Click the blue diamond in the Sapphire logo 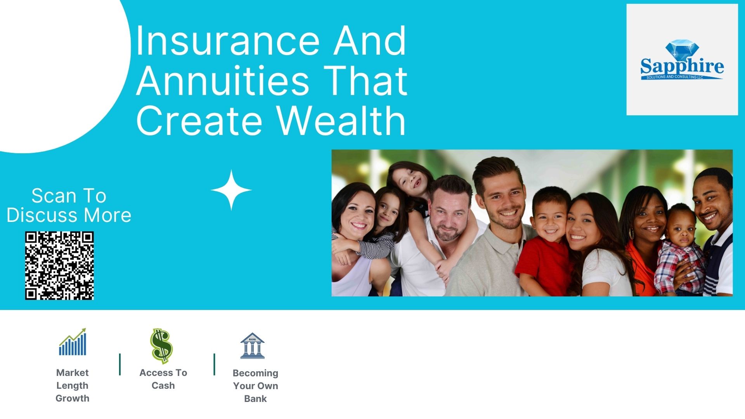(x=682, y=50)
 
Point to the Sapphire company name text (x=682, y=67)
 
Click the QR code (x=59, y=266)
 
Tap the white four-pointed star (x=231, y=190)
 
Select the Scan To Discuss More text (x=69, y=205)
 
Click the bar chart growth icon (x=73, y=342)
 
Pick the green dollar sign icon (x=161, y=345)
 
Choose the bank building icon (x=252, y=345)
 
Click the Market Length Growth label (x=73, y=385)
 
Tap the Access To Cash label (x=163, y=379)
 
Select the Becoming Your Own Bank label (x=256, y=386)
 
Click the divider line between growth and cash (x=120, y=364)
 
